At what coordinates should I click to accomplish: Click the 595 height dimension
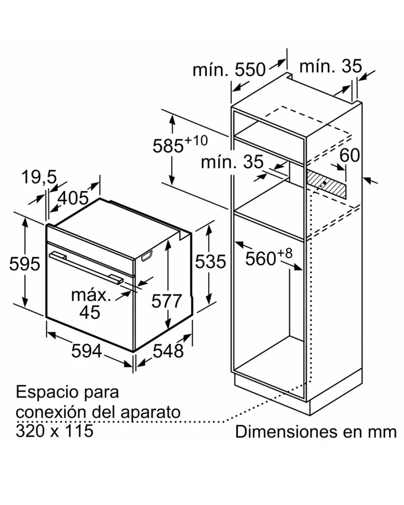24,264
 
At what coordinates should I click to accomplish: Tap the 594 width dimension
86,351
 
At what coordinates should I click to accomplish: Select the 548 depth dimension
168,351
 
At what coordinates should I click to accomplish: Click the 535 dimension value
211,261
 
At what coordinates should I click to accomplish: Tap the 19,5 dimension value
39,177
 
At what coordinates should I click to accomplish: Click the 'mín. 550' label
229,70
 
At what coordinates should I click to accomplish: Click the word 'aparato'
150,413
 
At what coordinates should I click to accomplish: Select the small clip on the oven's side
147,255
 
